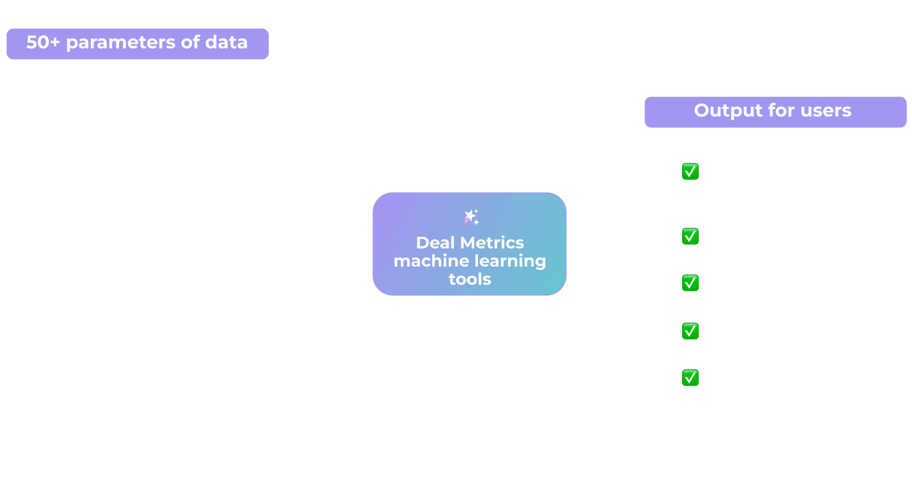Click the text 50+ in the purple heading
pos(43,42)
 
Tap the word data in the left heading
pos(226,42)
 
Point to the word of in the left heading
pos(191,42)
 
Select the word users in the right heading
pos(826,111)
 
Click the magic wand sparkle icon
pos(470,217)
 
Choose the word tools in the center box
pos(470,279)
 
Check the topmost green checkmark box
pos(690,172)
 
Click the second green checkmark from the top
pos(690,236)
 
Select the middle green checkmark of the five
pos(690,283)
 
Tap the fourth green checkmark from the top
pos(690,331)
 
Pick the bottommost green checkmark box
pos(690,378)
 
